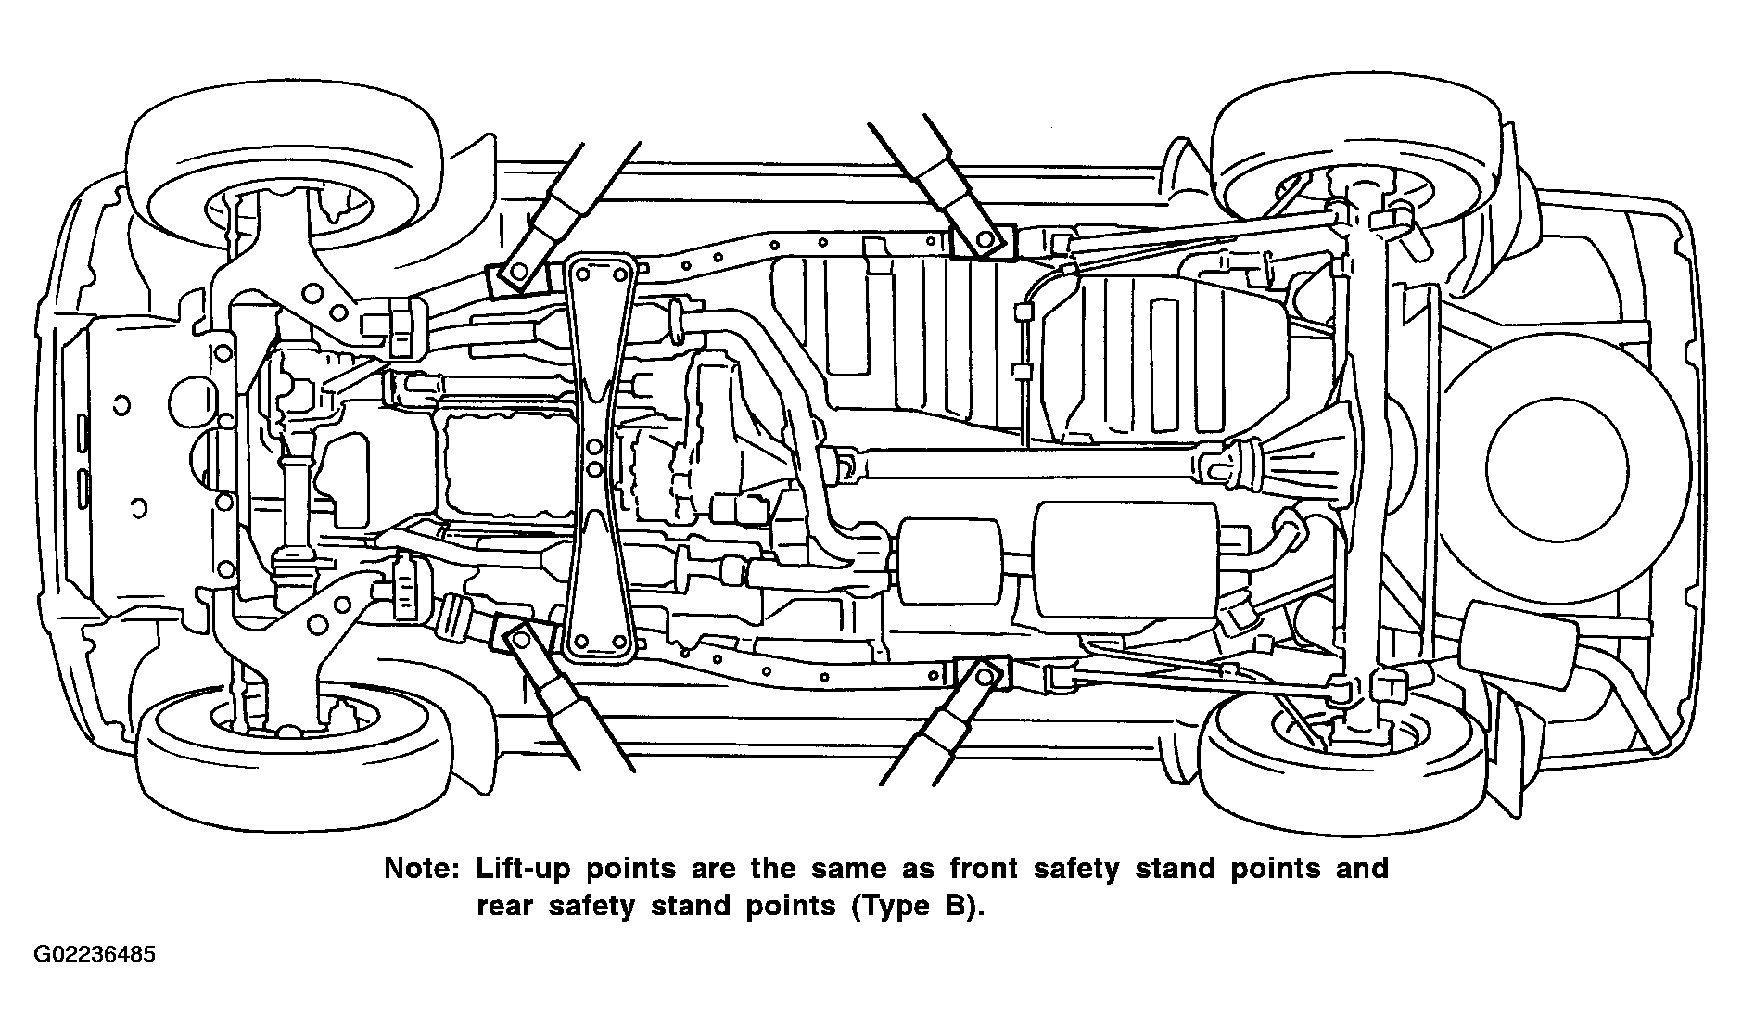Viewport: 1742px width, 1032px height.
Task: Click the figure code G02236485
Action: pos(95,955)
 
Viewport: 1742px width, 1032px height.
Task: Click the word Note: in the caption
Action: pos(422,869)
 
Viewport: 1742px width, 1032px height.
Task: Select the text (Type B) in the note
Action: pos(914,905)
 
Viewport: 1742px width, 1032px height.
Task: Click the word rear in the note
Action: pos(505,906)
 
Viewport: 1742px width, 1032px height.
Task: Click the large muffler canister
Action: pos(1125,560)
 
